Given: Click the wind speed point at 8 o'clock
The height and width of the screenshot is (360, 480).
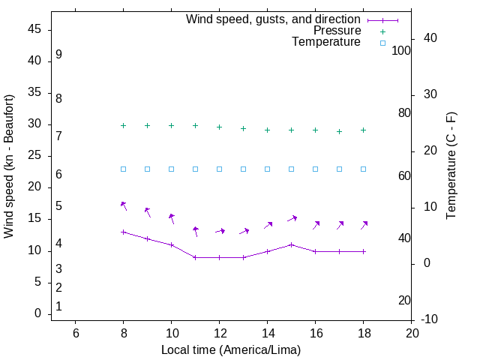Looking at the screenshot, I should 124,232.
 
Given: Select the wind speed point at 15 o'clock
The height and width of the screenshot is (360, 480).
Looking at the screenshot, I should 292,244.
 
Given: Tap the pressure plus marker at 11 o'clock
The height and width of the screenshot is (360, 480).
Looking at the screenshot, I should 196,126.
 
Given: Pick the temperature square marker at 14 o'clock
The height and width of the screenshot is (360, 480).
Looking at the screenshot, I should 268,169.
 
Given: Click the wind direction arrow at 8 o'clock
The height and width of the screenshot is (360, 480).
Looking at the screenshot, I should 124,205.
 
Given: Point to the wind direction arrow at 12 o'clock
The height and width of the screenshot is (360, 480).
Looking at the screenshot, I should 220,231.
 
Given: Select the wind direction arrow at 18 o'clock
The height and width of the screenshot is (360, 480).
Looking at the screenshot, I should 364,225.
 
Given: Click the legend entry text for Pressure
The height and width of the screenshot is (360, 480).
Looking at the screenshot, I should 337,31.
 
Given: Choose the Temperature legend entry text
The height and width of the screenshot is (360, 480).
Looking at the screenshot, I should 326,43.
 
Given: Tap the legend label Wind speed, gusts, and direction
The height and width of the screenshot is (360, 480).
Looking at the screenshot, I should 273,19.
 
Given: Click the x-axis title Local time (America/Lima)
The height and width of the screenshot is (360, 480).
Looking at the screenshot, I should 231,349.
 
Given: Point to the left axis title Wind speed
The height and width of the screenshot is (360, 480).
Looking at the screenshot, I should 9,166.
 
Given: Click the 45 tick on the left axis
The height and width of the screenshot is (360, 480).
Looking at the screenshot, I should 34,30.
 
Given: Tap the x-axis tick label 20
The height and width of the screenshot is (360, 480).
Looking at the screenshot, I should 412,333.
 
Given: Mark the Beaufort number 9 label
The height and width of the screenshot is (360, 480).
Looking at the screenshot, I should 58,55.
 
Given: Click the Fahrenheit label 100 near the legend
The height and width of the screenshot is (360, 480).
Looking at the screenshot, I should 401,50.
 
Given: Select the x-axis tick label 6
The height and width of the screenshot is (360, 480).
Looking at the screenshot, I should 76,333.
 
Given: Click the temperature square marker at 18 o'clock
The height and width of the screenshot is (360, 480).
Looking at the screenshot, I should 364,169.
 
